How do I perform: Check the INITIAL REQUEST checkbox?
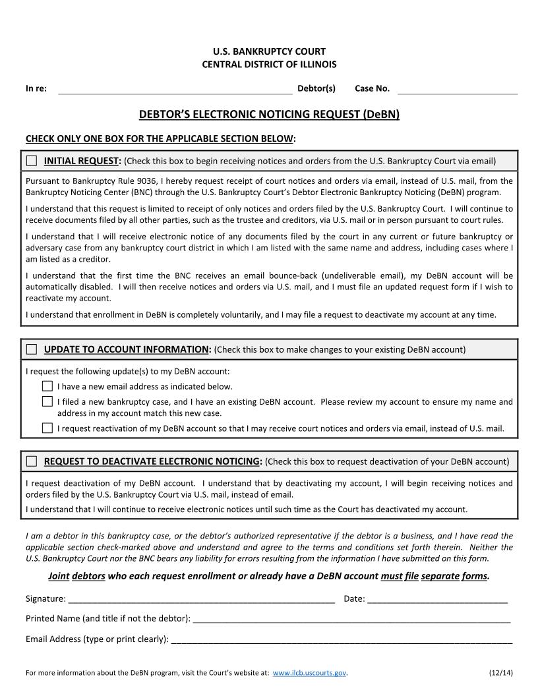pos(32,161)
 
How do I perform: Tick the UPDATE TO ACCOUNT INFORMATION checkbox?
pos(32,349)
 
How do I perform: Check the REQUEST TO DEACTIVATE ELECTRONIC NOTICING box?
pos(32,461)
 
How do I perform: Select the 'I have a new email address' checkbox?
pos(47,386)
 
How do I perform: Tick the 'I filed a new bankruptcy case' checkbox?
pos(47,401)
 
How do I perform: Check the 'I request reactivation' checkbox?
pos(47,428)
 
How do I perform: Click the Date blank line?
pos(437,599)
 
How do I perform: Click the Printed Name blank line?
pos(351,619)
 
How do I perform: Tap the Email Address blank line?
pos(341,639)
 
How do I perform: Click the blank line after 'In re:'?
pos(175,90)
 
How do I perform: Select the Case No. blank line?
pos(457,90)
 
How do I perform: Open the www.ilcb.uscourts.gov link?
pos(309,673)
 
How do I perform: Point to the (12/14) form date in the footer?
pos(501,673)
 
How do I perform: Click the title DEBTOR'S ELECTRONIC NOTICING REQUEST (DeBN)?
pos(269,114)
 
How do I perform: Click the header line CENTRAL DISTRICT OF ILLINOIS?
pos(269,64)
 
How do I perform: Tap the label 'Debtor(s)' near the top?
pos(316,88)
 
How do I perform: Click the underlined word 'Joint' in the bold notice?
pos(59,576)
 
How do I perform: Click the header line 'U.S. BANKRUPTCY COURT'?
pos(269,51)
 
